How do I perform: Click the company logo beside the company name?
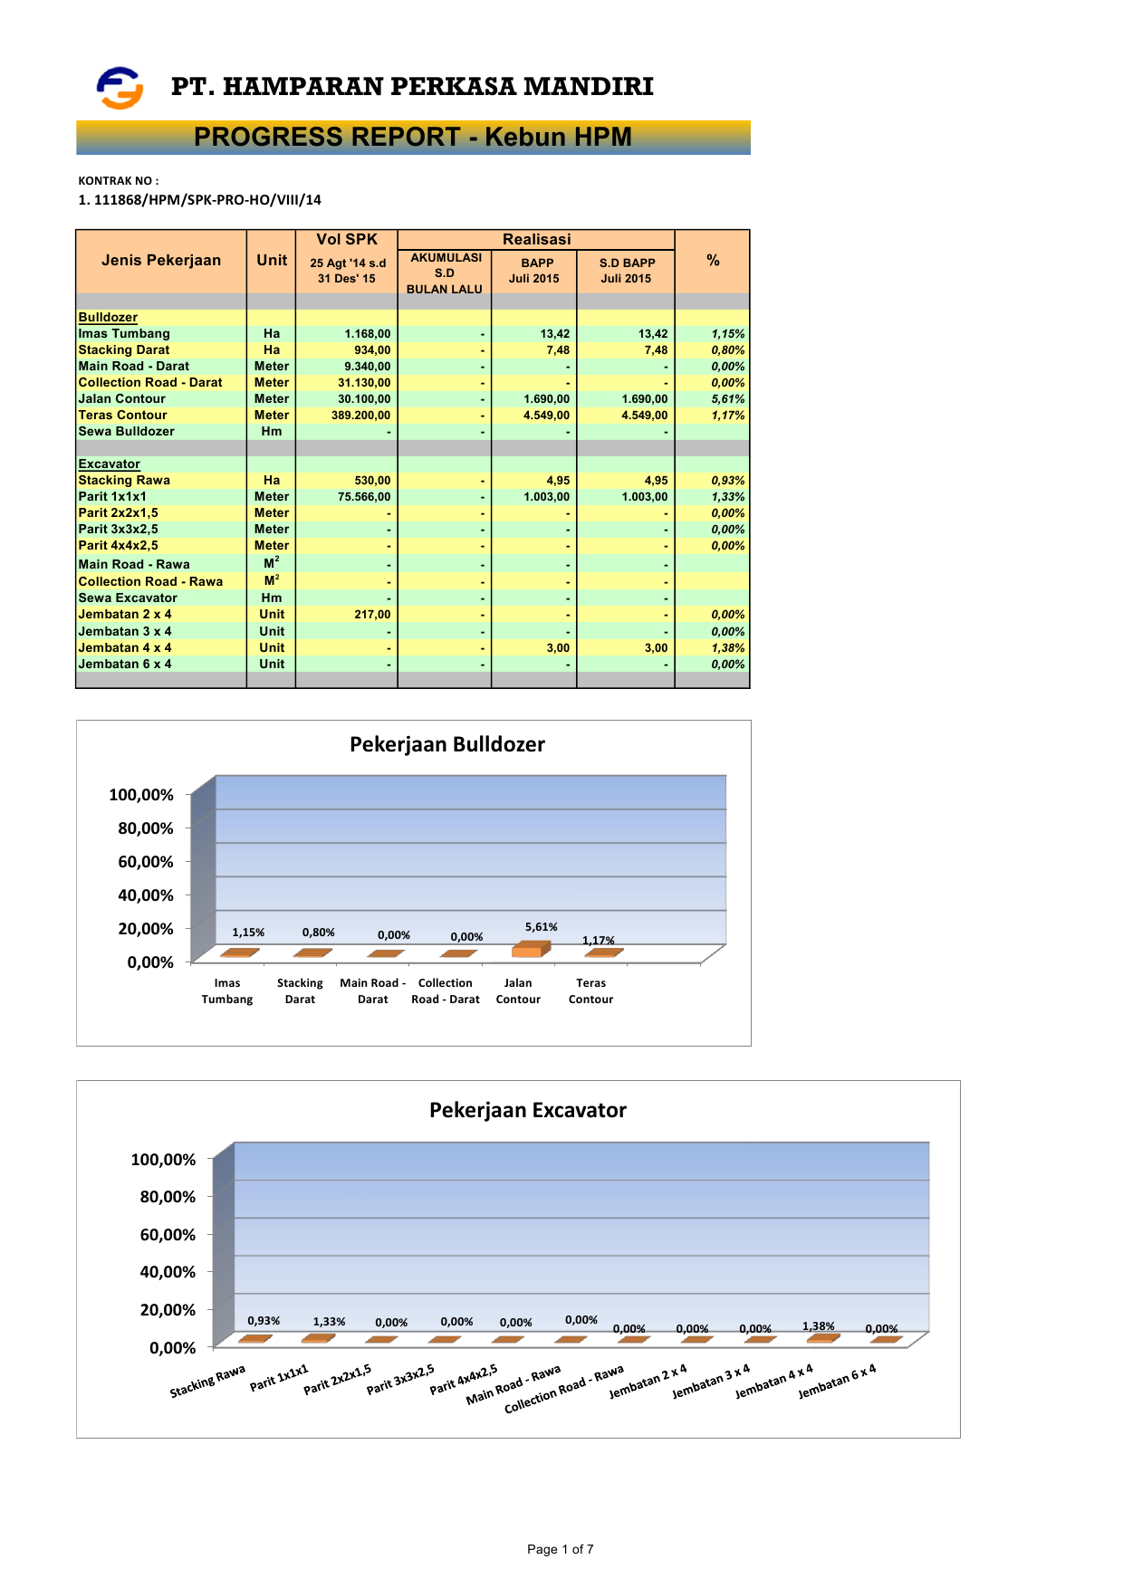coord(120,88)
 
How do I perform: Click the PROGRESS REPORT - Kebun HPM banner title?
coord(412,137)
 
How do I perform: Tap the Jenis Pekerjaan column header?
coord(161,261)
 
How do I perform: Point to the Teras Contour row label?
coord(122,416)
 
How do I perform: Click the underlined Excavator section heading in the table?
coord(109,464)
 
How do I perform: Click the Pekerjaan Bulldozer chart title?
coord(447,744)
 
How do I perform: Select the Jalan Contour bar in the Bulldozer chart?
coord(530,949)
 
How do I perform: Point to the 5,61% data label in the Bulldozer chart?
coord(541,927)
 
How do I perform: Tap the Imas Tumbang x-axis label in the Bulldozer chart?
coord(227,991)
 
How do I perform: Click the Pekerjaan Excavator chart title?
coord(527,1110)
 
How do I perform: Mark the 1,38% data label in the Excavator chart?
coord(818,1326)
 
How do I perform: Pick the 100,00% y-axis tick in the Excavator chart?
coord(163,1160)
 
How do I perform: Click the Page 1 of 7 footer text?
coord(560,1549)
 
